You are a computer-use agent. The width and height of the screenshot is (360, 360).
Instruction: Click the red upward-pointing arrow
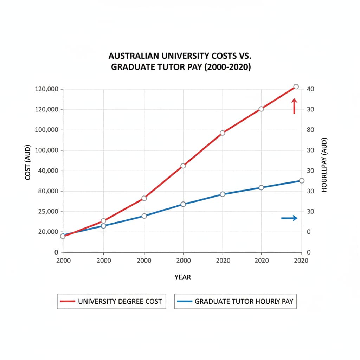click(x=295, y=106)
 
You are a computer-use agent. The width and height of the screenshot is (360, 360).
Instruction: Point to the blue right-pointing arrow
click(x=289, y=218)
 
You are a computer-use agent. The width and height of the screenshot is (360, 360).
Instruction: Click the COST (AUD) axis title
click(x=28, y=162)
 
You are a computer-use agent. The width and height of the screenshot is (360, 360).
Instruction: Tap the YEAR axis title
click(x=183, y=277)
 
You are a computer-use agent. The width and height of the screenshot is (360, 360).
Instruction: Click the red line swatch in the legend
click(x=68, y=301)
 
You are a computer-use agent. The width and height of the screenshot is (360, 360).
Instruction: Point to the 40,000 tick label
click(x=46, y=171)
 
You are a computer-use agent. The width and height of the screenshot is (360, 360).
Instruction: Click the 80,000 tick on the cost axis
click(x=46, y=191)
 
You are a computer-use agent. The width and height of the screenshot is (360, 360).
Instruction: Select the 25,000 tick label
click(x=46, y=212)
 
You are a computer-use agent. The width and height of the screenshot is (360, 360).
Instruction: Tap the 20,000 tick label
click(x=46, y=232)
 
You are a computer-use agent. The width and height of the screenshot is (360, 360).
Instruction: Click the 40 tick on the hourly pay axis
click(x=310, y=89)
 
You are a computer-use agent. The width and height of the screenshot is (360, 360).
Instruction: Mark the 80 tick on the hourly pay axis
click(x=310, y=130)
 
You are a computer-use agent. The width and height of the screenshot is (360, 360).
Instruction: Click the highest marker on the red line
click(x=296, y=86)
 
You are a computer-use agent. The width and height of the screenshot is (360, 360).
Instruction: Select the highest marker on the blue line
click(x=301, y=180)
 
